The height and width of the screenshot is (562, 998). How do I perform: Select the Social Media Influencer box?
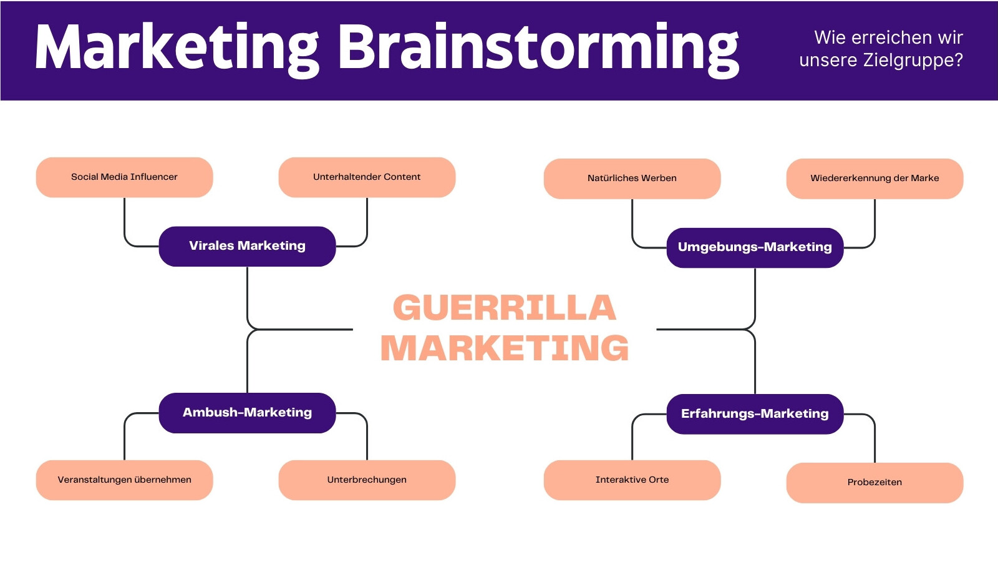click(x=124, y=177)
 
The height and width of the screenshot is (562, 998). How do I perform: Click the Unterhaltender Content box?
click(x=367, y=177)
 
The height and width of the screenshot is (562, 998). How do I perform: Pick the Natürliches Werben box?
click(x=632, y=179)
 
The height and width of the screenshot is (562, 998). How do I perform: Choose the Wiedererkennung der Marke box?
click(x=874, y=179)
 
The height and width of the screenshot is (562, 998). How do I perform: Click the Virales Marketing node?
click(x=247, y=246)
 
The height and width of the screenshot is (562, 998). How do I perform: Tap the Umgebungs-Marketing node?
click(x=755, y=247)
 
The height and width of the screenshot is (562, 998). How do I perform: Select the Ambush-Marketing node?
click(x=247, y=413)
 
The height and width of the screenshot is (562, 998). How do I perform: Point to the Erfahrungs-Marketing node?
click(x=755, y=414)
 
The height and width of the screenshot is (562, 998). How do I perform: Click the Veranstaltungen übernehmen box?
click(x=124, y=480)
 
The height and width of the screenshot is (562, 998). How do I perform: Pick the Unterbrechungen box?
click(x=367, y=480)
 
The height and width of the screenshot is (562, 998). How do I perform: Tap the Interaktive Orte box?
click(x=632, y=480)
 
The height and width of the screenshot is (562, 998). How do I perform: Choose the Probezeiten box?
click(x=874, y=483)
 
